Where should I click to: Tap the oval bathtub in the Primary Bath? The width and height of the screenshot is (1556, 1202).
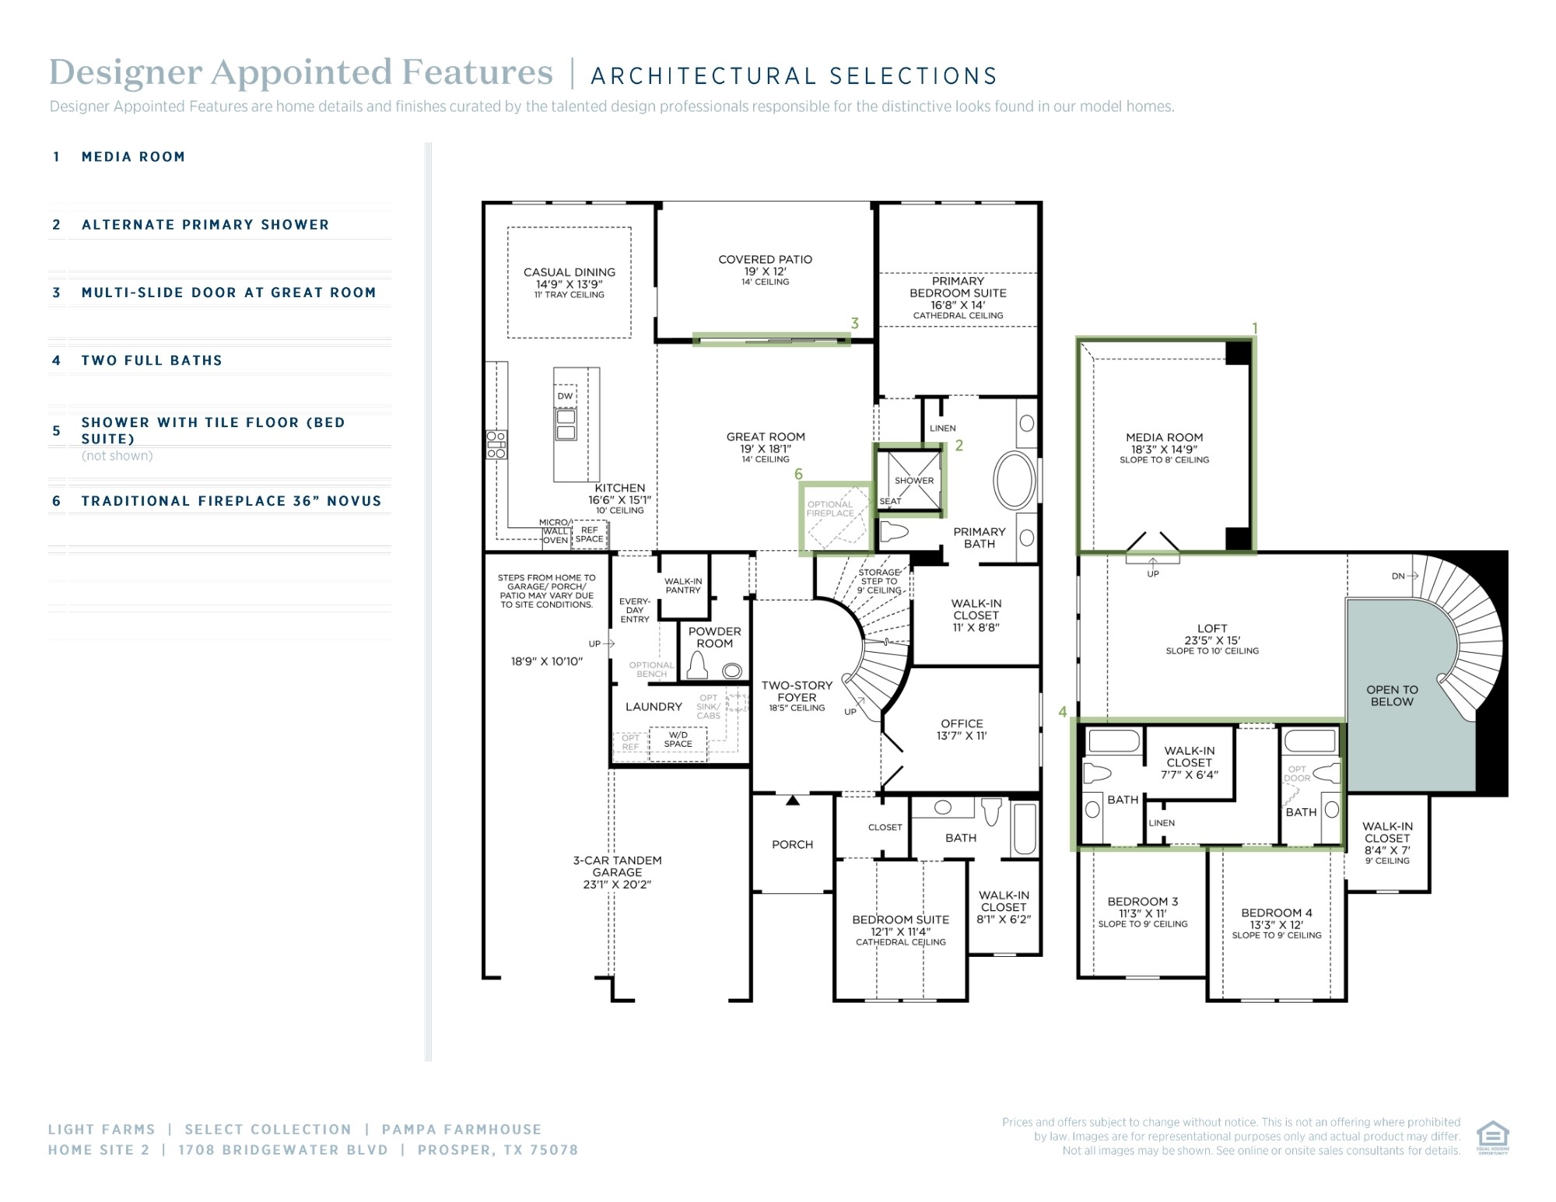(x=1015, y=479)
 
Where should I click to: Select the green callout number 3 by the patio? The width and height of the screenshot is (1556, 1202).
(x=854, y=323)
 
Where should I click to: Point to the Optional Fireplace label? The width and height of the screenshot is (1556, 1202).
(x=830, y=509)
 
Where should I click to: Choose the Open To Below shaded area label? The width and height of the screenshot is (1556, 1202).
(x=1392, y=696)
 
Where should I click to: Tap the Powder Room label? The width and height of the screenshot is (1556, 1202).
(x=714, y=637)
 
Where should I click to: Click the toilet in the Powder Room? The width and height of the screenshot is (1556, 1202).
(x=697, y=666)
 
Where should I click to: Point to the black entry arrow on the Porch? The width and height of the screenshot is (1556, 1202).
(x=792, y=800)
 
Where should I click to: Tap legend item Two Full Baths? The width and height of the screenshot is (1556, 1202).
(x=152, y=360)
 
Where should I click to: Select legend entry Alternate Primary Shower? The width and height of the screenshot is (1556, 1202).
(x=205, y=225)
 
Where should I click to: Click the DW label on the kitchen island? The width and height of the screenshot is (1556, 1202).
(x=565, y=396)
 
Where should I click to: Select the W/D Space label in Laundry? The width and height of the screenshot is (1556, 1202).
(x=678, y=739)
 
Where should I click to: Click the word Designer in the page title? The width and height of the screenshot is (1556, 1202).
(x=126, y=72)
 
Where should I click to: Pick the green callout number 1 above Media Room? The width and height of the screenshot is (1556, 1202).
(x=1254, y=329)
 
